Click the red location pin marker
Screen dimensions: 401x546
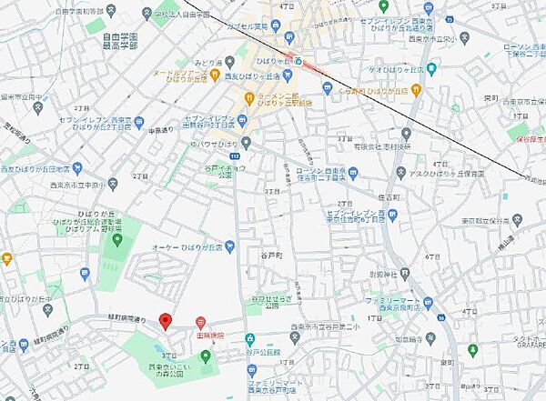pyautogui.click(x=165, y=321)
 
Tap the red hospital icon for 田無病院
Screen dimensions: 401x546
pyautogui.click(x=202, y=321)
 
